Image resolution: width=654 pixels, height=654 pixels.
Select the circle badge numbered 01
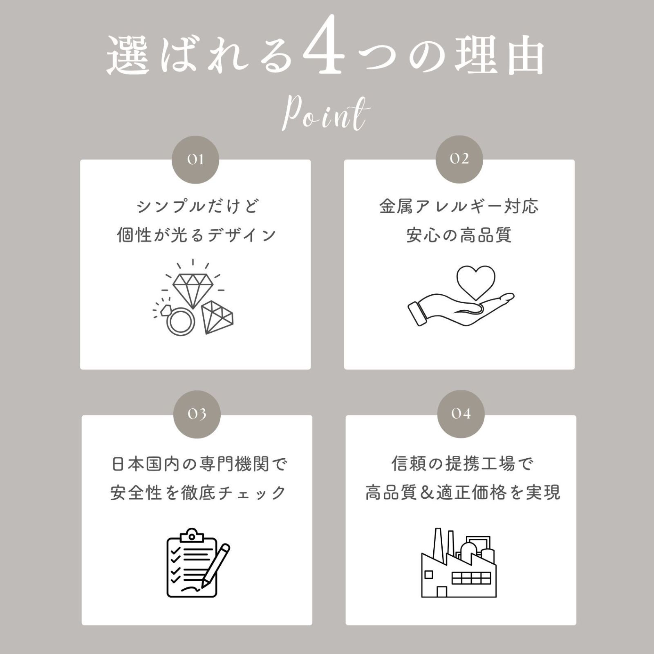[195, 159]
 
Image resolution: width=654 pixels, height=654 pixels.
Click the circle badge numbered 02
[459, 159]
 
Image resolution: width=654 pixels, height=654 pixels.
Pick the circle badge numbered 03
[197, 414]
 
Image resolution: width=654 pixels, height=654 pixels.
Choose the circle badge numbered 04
[461, 414]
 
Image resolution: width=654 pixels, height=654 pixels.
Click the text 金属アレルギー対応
[459, 207]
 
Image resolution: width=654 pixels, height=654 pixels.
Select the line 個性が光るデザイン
[197, 235]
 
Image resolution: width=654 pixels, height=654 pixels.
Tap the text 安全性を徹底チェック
[198, 493]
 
